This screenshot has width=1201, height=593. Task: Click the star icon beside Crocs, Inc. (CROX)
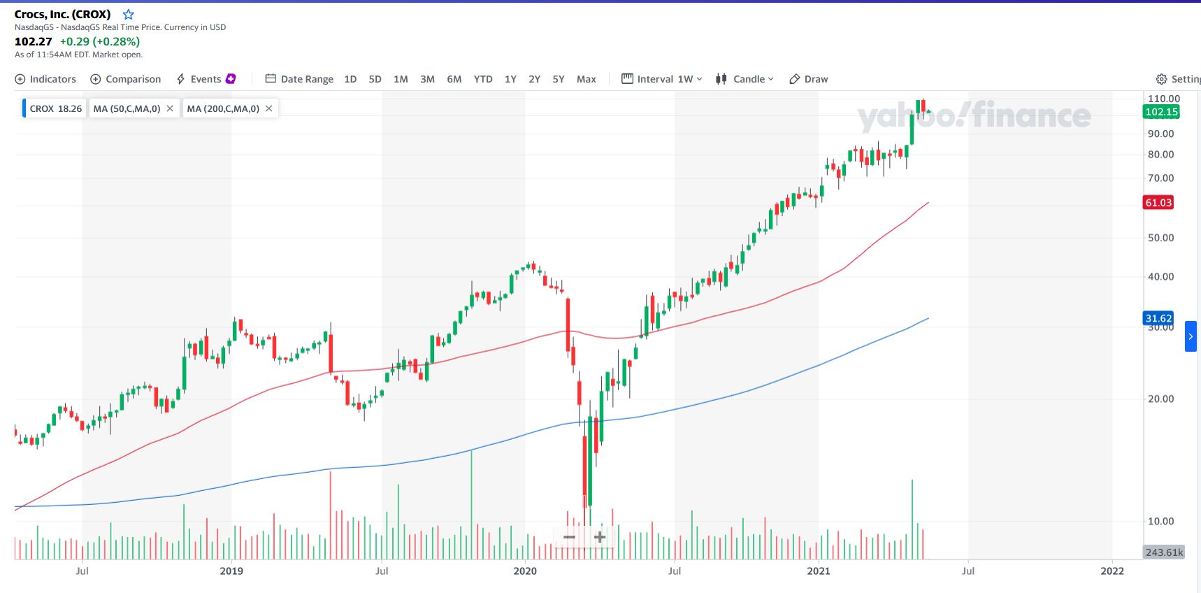(129, 15)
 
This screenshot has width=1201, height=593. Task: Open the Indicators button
(45, 79)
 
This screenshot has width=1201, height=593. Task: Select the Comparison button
(126, 79)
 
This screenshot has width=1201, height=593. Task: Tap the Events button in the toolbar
(206, 79)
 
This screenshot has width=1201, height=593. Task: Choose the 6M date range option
(454, 79)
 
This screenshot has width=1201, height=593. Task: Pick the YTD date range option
(483, 79)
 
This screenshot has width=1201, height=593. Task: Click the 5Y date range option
(559, 79)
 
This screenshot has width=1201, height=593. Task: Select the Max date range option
(586, 79)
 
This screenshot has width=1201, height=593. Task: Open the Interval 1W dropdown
(662, 79)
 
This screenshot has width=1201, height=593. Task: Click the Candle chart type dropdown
(745, 79)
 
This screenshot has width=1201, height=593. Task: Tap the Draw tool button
(809, 79)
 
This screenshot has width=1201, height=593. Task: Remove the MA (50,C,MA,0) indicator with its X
(170, 108)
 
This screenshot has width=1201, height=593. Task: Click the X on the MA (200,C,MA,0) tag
(268, 108)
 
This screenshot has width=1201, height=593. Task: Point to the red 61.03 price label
(1158, 203)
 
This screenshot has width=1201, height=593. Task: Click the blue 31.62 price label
(1158, 318)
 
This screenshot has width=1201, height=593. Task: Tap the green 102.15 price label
(1161, 112)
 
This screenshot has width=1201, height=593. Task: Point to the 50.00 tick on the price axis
(1160, 238)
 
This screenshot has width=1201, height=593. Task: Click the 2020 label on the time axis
(525, 571)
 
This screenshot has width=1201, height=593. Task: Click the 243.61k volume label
(1164, 552)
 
